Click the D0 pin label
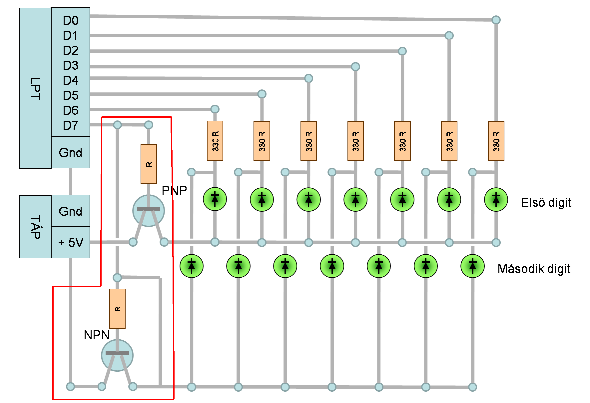pos(71,20)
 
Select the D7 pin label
pos(71,125)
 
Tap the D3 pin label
pos(71,65)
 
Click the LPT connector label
pos(35,88)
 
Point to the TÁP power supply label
pos(35,227)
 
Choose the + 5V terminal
pos(71,242)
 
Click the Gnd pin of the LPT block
pos(71,152)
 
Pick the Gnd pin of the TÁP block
pos(71,211)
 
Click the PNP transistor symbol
pos(149,211)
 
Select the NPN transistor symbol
pos(117,355)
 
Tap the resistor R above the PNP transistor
pos(149,164)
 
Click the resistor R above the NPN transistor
pos(117,309)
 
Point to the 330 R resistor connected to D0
pos(496,141)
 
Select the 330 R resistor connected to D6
pos(215,141)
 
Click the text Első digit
pos(546,203)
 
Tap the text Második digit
pos(534,269)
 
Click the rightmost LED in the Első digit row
pos(496,200)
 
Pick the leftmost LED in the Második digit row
pos(192,266)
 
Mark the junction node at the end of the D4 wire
pos(308,78)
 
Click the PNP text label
pos(174,191)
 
